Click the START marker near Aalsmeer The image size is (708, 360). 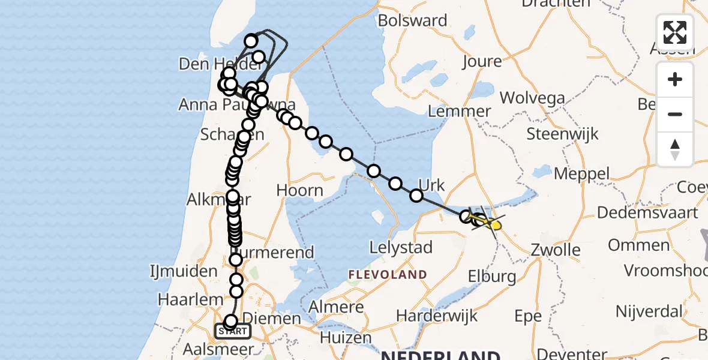click(x=233, y=331)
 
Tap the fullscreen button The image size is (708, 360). click(x=675, y=32)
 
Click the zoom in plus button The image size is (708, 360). click(x=675, y=79)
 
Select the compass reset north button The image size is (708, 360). click(x=675, y=149)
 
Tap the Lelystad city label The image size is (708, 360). click(x=401, y=248)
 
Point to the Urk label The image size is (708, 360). click(x=430, y=185)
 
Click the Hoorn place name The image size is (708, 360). click(x=299, y=190)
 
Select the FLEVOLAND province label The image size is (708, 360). click(x=388, y=275)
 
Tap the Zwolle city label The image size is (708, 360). click(x=556, y=250)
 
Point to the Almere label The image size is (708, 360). click(x=335, y=307)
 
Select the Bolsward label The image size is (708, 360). click(x=413, y=20)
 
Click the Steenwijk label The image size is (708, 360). click(x=562, y=133)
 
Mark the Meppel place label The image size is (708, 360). click(x=581, y=174)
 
